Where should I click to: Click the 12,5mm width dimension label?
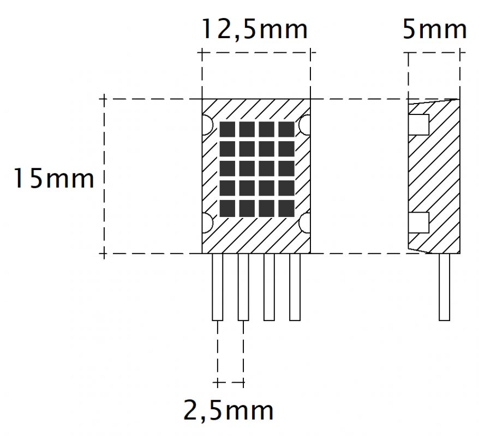coord(255,29)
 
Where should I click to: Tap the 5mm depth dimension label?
coord(435,29)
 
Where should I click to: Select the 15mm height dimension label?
coord(54,179)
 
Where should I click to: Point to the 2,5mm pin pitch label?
coord(228,411)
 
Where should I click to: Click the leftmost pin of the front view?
coord(218,287)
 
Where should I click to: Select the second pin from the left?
coord(243,287)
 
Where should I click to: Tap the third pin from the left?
coord(269,287)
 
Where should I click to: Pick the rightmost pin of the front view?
coord(295,287)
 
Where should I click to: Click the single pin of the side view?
coord(445,287)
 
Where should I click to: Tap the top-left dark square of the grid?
coord(227,129)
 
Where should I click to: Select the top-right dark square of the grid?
coord(286,129)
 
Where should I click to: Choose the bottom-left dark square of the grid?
coord(227,208)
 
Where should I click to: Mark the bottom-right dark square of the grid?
coord(286,208)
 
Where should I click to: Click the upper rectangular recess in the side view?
coord(419,125)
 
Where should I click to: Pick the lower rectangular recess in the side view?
coord(419,223)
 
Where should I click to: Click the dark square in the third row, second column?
coord(247,168)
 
